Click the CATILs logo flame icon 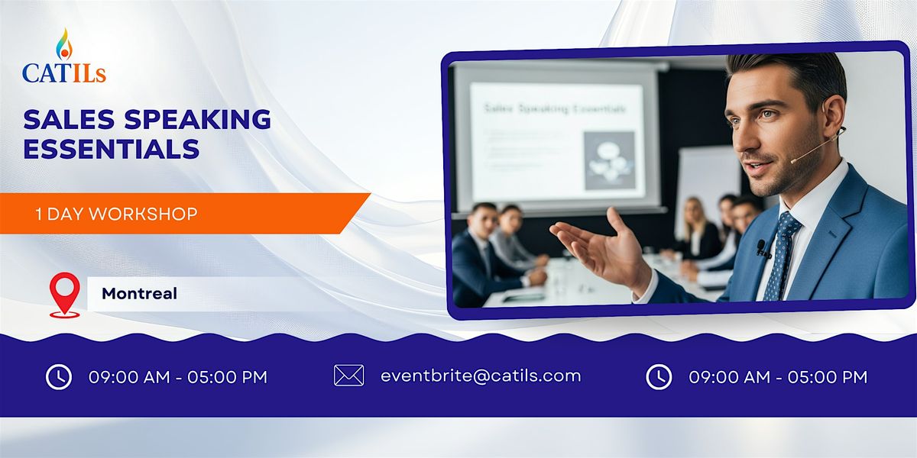(63, 45)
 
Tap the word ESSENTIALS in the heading (112, 148)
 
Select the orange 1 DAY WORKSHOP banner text (116, 214)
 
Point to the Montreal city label (139, 293)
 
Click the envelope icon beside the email (348, 376)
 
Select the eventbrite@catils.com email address (481, 376)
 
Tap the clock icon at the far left (59, 376)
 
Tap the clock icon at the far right (659, 376)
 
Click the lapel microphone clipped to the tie (762, 248)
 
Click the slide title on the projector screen (555, 108)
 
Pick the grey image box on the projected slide (608, 160)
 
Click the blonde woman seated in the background (698, 229)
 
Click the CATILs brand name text (64, 73)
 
